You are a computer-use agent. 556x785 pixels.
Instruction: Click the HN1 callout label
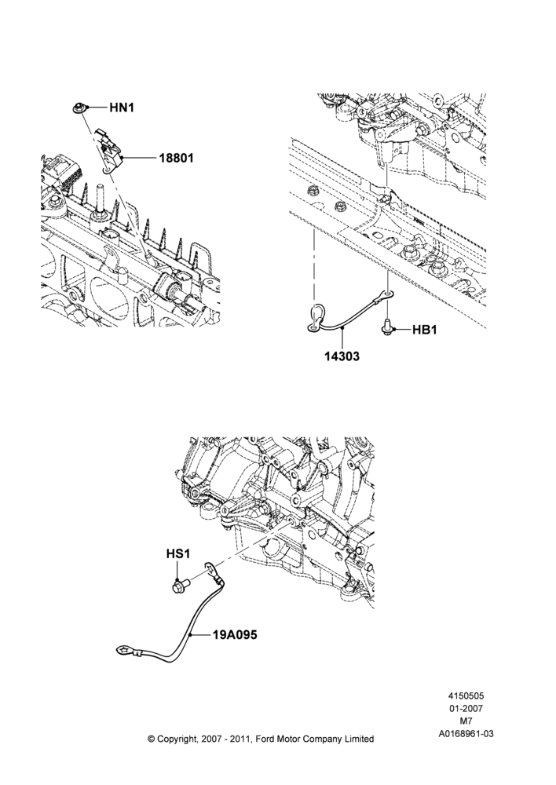tap(122, 108)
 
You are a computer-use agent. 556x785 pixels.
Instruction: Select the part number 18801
tap(177, 159)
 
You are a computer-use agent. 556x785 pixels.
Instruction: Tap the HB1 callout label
tap(425, 330)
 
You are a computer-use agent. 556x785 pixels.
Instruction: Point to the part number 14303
tap(342, 356)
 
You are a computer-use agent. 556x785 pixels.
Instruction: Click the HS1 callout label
tap(178, 554)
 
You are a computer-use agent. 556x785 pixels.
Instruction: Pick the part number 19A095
tap(235, 635)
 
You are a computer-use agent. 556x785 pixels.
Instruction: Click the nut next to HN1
tap(79, 108)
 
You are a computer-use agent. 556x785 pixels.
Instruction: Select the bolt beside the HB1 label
tap(387, 328)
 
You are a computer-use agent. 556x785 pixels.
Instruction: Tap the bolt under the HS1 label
tap(180, 585)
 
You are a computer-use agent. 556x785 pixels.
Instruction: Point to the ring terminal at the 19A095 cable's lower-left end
tap(124, 651)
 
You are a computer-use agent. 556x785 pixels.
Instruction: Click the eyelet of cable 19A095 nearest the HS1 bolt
tap(210, 568)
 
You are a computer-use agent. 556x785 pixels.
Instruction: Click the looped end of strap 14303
tap(316, 320)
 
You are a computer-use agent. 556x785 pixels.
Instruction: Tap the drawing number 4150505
tap(466, 696)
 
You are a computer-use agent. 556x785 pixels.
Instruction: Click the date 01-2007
tap(466, 708)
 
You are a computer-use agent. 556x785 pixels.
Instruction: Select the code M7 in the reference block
tap(466, 721)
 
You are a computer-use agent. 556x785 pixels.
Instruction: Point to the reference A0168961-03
tap(466, 733)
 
